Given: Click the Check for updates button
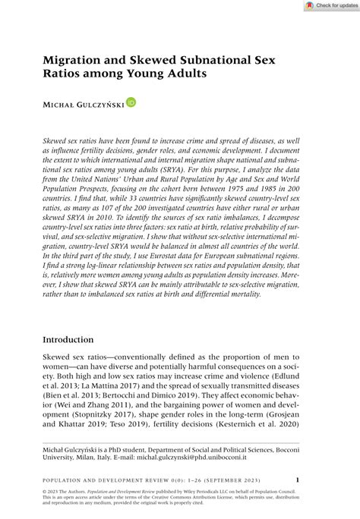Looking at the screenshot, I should tap(331, 5).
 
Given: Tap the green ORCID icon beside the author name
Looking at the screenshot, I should tap(131, 102).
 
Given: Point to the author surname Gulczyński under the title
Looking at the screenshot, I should tap(96, 102).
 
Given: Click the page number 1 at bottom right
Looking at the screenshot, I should tap(297, 480).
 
